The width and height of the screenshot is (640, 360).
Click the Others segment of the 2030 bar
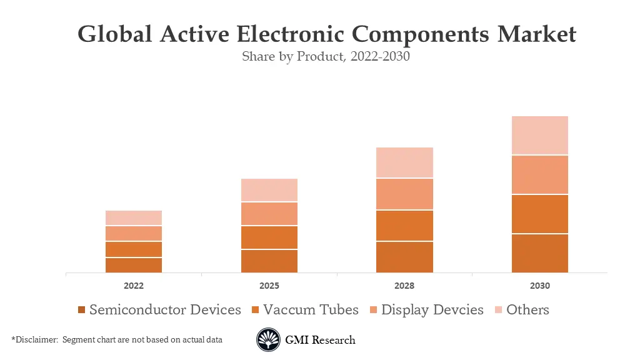point(539,135)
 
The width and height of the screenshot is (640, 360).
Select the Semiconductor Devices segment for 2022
point(134,265)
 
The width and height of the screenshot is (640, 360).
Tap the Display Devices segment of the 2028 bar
point(404,194)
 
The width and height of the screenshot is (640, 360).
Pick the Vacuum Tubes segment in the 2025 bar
point(269,237)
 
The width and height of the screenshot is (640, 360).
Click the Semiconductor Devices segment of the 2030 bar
point(539,253)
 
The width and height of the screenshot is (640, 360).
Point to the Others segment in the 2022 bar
point(134,217)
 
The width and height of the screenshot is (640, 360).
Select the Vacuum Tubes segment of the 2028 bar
point(404,226)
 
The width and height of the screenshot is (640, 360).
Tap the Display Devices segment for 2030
point(539,174)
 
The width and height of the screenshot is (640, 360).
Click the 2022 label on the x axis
point(134,286)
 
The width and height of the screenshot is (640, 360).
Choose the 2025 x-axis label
point(269,286)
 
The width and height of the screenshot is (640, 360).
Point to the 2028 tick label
point(404,286)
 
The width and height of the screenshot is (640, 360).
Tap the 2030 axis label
point(539,286)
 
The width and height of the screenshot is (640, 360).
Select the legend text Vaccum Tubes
point(311,309)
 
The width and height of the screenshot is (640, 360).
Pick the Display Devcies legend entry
point(432,309)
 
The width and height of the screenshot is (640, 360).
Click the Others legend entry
point(527,309)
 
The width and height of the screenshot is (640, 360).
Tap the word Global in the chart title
point(114,34)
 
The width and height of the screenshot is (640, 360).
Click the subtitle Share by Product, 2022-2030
point(326,56)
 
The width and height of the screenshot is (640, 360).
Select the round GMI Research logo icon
point(268,340)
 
